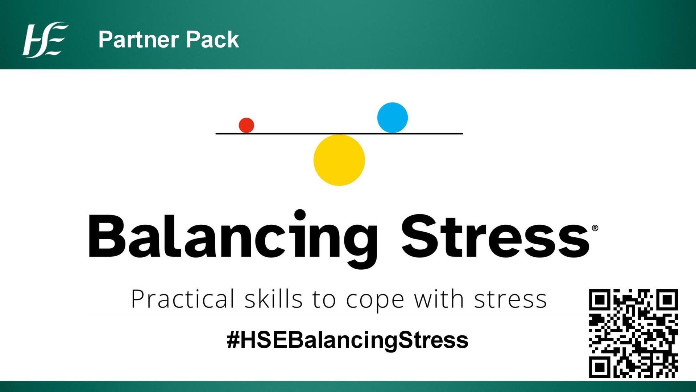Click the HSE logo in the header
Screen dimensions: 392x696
point(45,40)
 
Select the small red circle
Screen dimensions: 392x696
point(246,125)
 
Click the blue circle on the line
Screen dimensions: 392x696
point(392,118)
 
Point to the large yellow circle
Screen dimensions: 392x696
point(339,160)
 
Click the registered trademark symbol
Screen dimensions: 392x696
point(595,228)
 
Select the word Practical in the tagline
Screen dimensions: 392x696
point(183,299)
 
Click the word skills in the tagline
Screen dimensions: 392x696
point(273,299)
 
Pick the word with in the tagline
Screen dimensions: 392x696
point(439,299)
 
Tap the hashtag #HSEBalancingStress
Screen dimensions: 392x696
point(347,340)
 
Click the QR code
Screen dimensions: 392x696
point(633,334)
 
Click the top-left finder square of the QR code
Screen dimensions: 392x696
point(600,300)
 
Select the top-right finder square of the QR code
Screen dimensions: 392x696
point(667,300)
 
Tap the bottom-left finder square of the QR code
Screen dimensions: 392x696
point(600,367)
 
